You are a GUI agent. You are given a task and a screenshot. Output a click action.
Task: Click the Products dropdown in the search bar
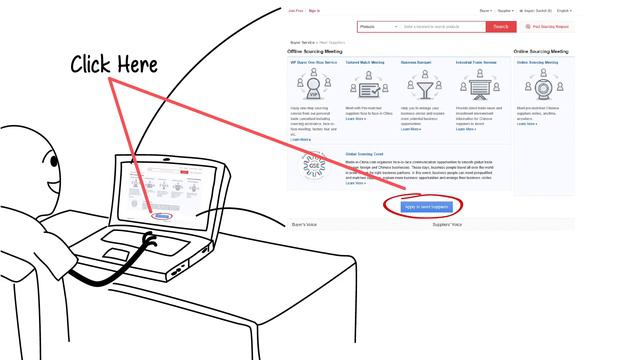375,27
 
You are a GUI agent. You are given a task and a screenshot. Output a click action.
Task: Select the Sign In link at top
314,10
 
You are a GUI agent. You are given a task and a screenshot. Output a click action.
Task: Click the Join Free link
294,10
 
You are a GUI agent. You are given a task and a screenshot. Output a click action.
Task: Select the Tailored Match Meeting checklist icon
369,89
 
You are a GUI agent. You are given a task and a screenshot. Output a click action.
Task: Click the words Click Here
113,66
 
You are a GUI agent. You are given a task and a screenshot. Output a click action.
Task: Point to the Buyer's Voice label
305,225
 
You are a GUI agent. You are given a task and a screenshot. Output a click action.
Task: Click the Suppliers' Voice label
447,225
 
